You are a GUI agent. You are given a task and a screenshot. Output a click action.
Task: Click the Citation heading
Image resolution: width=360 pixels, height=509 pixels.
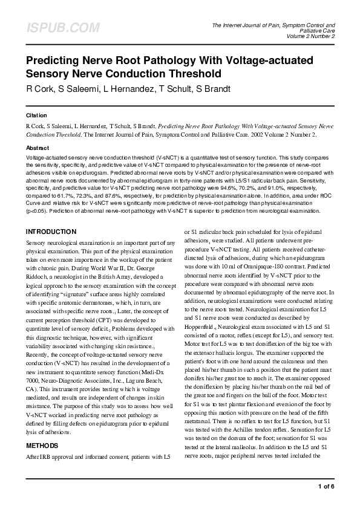click(x=36, y=114)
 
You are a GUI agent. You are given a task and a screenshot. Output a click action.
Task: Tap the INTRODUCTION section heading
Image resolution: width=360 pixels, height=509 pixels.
click(x=51, y=232)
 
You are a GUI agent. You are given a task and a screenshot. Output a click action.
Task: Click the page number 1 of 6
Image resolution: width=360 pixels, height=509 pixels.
click(x=326, y=486)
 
